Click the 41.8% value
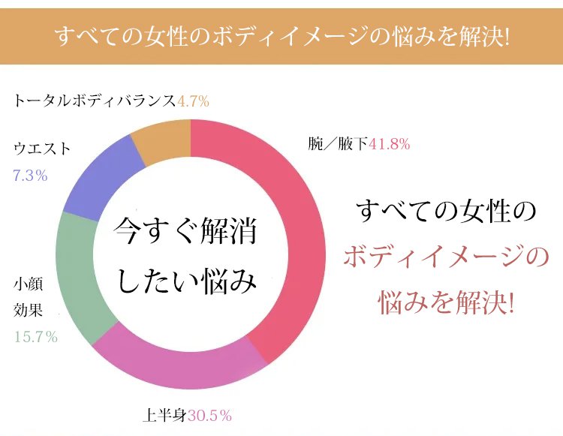pyautogui.click(x=389, y=144)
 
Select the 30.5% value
pyautogui.click(x=209, y=414)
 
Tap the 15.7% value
pyautogui.click(x=36, y=337)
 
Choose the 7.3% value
pyautogui.click(x=30, y=176)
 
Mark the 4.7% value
pyautogui.click(x=192, y=100)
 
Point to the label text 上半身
pyautogui.click(x=164, y=414)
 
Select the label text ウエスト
pyautogui.click(x=42, y=149)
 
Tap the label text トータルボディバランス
pyautogui.click(x=94, y=100)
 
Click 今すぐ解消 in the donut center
pyautogui.click(x=185, y=232)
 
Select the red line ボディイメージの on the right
pyautogui.click(x=446, y=257)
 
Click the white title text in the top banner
pyautogui.click(x=281, y=36)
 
